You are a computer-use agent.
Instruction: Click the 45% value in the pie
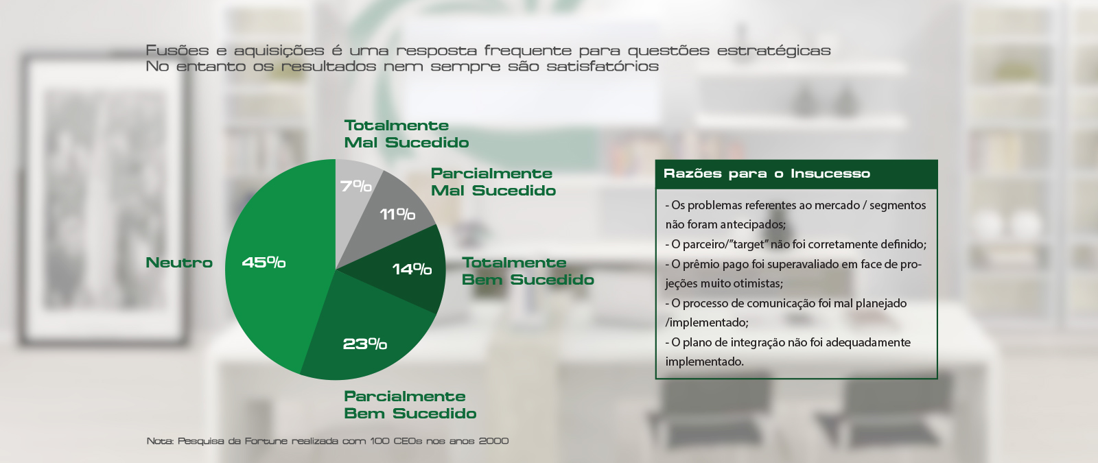[x=264, y=263]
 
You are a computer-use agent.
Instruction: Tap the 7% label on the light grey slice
[x=356, y=186]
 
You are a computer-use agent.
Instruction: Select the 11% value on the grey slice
[x=397, y=214]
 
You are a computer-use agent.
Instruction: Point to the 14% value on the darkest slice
[x=412, y=269]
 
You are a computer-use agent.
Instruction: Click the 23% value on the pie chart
[x=364, y=344]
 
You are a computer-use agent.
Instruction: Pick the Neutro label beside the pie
[x=179, y=263]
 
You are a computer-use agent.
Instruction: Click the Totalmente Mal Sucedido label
[x=406, y=134]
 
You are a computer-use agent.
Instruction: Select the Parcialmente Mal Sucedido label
[x=493, y=182]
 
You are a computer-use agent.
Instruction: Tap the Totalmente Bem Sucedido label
[x=528, y=271]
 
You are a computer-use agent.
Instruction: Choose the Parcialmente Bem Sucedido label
[x=410, y=405]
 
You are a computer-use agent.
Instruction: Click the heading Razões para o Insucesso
[x=767, y=174]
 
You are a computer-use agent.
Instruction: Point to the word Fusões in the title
[x=177, y=51]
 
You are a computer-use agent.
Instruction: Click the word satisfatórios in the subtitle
[x=603, y=66]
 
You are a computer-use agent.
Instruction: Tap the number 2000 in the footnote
[x=493, y=441]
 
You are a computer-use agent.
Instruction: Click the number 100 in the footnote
[x=379, y=441]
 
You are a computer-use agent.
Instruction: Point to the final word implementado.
[x=704, y=362]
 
